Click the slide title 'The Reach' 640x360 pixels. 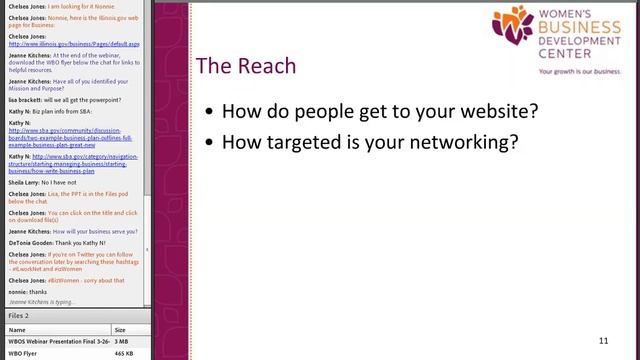coord(246,67)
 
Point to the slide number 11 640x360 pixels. coord(603,341)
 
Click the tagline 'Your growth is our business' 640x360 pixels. coord(579,72)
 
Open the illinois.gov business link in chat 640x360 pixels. coord(74,45)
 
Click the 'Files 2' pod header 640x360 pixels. coord(20,316)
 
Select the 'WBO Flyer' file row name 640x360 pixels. coord(23,353)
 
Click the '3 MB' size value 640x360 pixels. coord(121,341)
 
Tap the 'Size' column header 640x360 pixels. coord(120,329)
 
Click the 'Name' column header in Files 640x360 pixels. coord(17,329)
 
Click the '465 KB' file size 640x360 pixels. coord(123,353)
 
